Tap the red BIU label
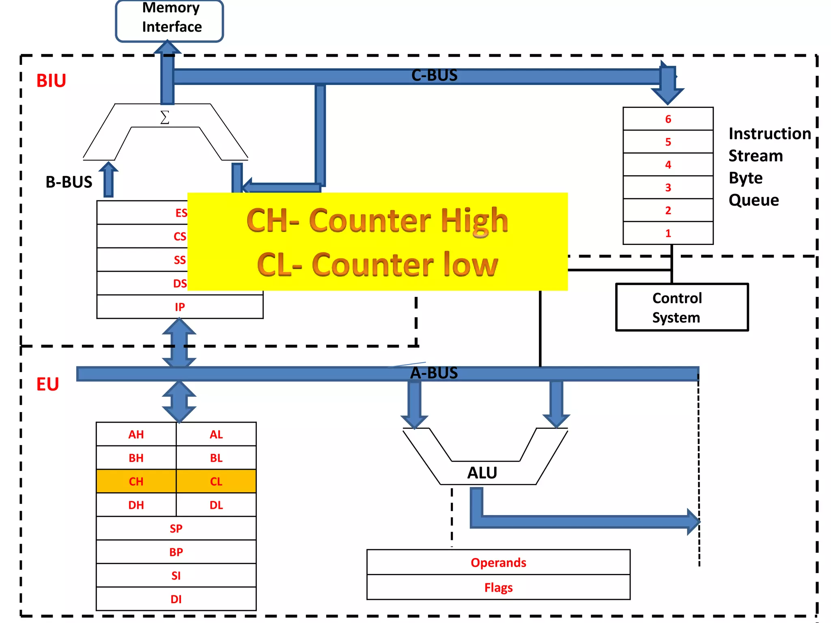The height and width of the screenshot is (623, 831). (x=51, y=81)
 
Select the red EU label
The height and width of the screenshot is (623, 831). (x=47, y=384)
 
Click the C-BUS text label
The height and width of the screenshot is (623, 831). (x=434, y=75)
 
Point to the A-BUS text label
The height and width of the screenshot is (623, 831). (x=434, y=373)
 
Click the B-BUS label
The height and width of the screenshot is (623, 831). (x=69, y=182)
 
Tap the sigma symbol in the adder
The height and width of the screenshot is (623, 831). (x=164, y=117)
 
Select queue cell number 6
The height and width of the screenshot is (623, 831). (x=668, y=119)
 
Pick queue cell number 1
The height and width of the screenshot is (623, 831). (x=668, y=233)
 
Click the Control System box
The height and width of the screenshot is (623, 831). (x=682, y=307)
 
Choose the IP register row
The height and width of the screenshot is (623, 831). (x=180, y=307)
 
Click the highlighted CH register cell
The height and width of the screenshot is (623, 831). (x=136, y=481)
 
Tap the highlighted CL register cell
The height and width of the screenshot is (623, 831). (x=216, y=481)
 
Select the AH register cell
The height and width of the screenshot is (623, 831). (x=136, y=434)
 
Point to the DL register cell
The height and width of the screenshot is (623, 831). (x=216, y=505)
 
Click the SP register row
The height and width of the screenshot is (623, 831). (x=176, y=528)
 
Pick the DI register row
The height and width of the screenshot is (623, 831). (x=176, y=599)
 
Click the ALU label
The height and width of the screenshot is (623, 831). (x=482, y=473)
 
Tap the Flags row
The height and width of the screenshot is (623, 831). (x=498, y=587)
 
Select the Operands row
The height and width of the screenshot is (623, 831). (x=498, y=563)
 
